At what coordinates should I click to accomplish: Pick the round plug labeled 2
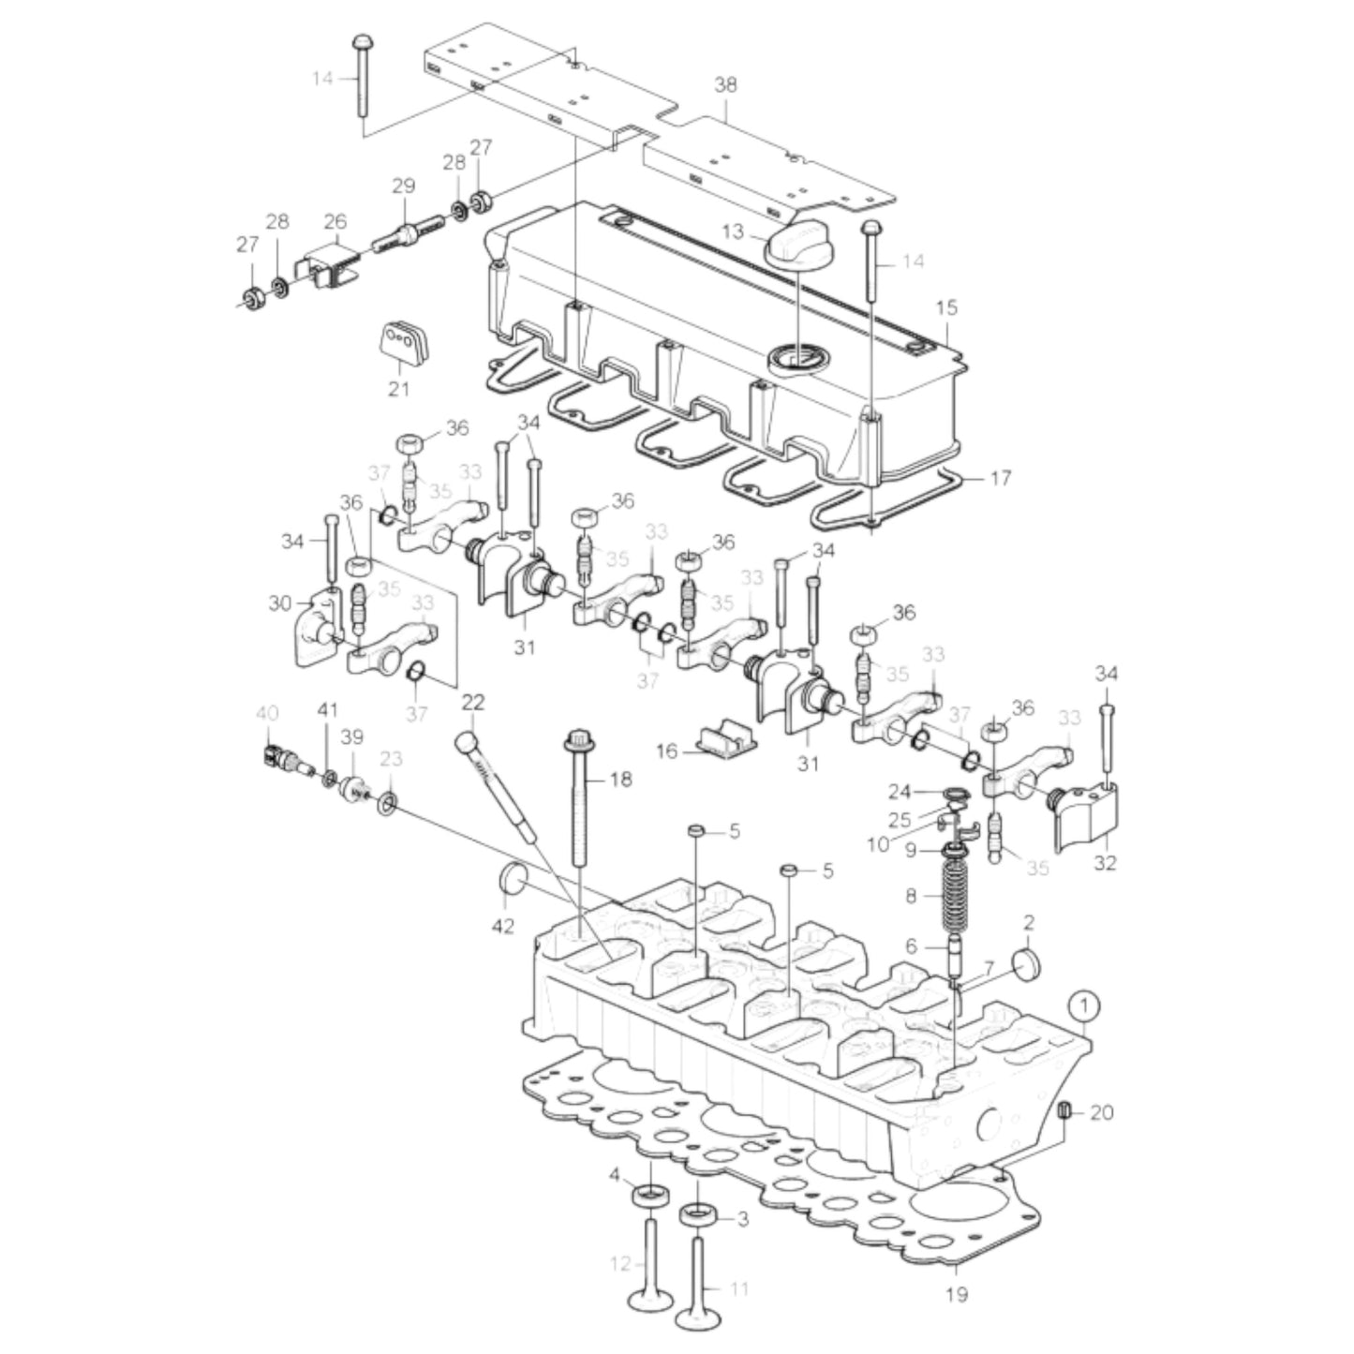[1028, 963]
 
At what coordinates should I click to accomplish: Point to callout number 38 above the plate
[725, 84]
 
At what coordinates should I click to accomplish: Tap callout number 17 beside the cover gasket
[1000, 478]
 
